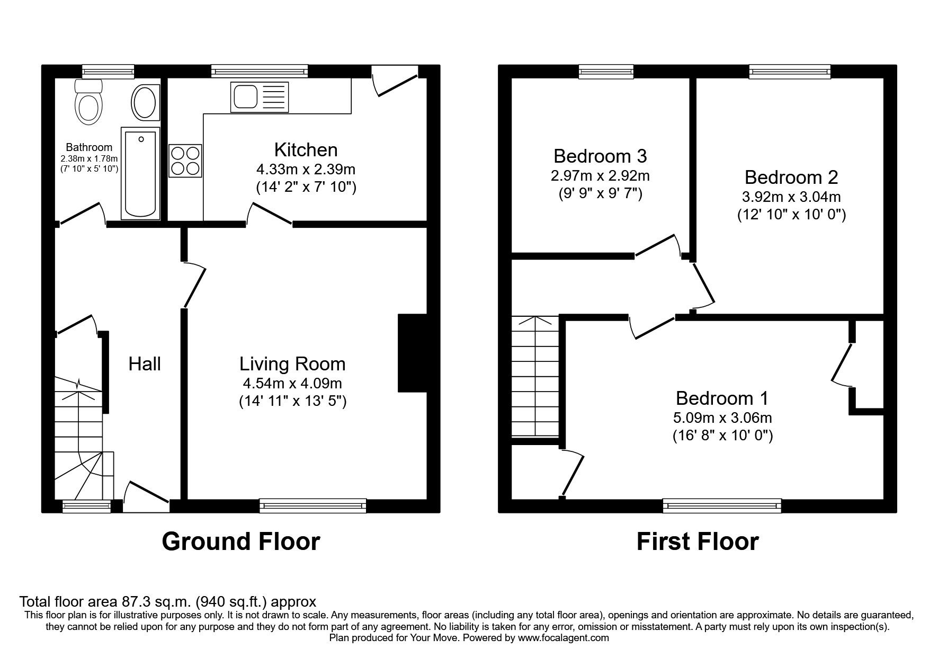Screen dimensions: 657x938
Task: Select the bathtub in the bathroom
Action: (141, 172)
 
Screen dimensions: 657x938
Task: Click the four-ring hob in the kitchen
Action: (185, 161)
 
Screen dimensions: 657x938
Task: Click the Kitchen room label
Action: (306, 150)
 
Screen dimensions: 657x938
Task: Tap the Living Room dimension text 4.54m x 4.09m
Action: (292, 383)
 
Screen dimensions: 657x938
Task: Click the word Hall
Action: (145, 364)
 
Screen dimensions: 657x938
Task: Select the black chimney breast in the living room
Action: (412, 353)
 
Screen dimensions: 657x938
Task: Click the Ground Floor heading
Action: (240, 541)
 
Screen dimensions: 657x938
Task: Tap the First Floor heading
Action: (697, 541)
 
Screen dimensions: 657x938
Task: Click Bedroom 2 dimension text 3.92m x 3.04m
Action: (791, 197)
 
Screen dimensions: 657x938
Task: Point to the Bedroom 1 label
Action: (722, 398)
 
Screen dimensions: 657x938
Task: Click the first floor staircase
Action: (535, 376)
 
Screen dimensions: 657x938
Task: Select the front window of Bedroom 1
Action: (722, 505)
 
